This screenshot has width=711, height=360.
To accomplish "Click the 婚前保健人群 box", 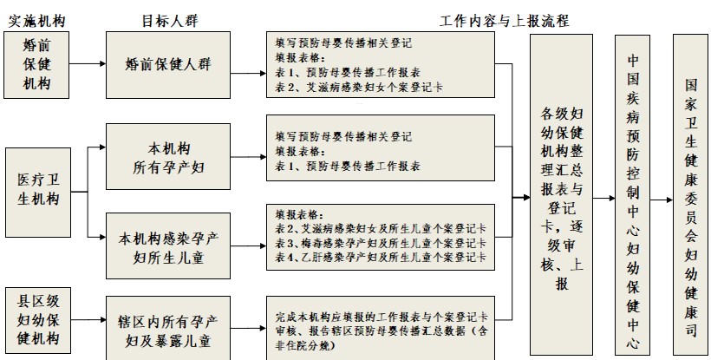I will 168,64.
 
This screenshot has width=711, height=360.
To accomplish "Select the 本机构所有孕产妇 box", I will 168,157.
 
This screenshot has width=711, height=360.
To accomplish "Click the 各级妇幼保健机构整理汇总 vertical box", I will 561,194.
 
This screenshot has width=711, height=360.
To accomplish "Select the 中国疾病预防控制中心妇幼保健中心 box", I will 632,194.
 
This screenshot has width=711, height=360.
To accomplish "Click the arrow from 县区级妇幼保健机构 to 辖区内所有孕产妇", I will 90,328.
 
